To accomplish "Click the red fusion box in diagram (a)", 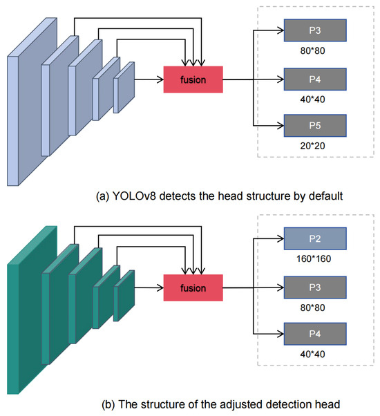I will pos(193,79).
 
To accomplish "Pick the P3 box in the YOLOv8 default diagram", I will pos(314,30).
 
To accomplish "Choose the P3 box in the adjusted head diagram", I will pos(314,285).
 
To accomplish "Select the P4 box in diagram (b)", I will pos(314,330).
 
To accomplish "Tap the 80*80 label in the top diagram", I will pos(314,50).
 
